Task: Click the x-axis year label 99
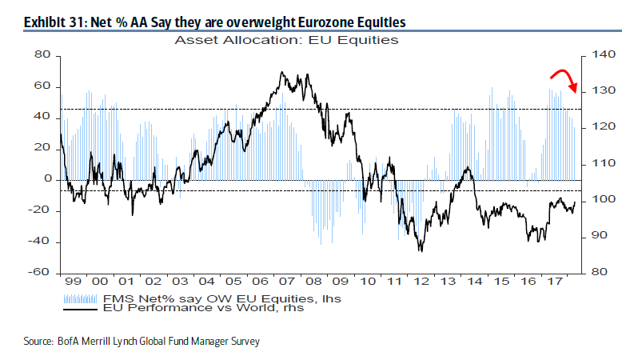[74, 282]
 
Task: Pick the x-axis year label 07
[284, 282]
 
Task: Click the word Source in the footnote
[38, 342]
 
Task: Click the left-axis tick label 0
[46, 179]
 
